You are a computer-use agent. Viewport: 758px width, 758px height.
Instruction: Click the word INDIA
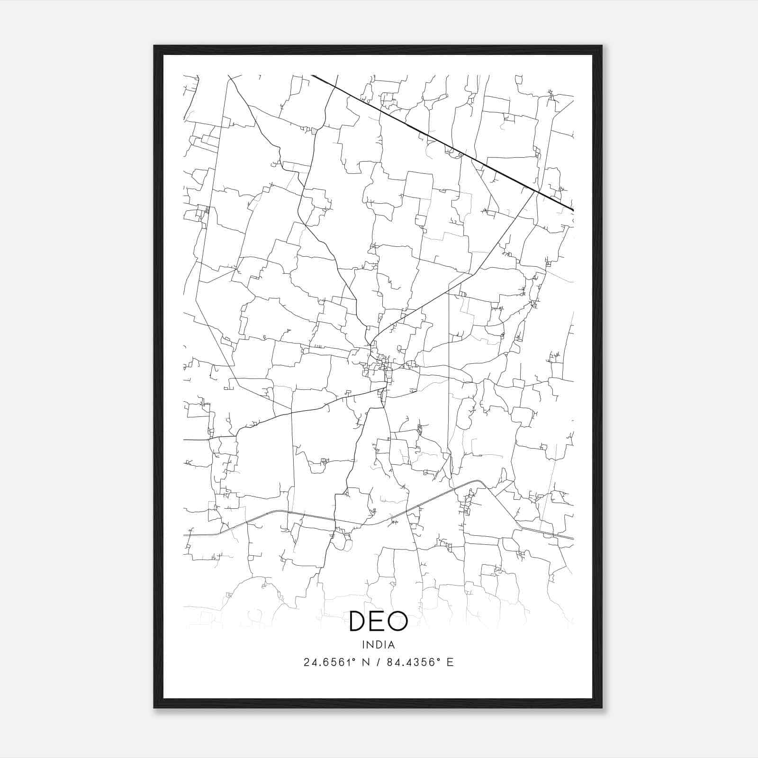[x=379, y=645]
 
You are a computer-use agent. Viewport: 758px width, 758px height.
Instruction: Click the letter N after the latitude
[x=365, y=662]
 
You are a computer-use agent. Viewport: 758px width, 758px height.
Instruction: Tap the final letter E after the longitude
[x=450, y=662]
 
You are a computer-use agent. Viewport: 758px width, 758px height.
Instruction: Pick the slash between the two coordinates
[x=377, y=662]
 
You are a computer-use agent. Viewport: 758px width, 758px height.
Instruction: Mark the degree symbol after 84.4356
[x=437, y=659]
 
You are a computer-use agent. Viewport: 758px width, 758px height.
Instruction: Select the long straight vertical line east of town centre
[x=448, y=370]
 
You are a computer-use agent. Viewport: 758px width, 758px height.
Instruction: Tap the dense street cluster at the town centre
[x=381, y=367]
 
